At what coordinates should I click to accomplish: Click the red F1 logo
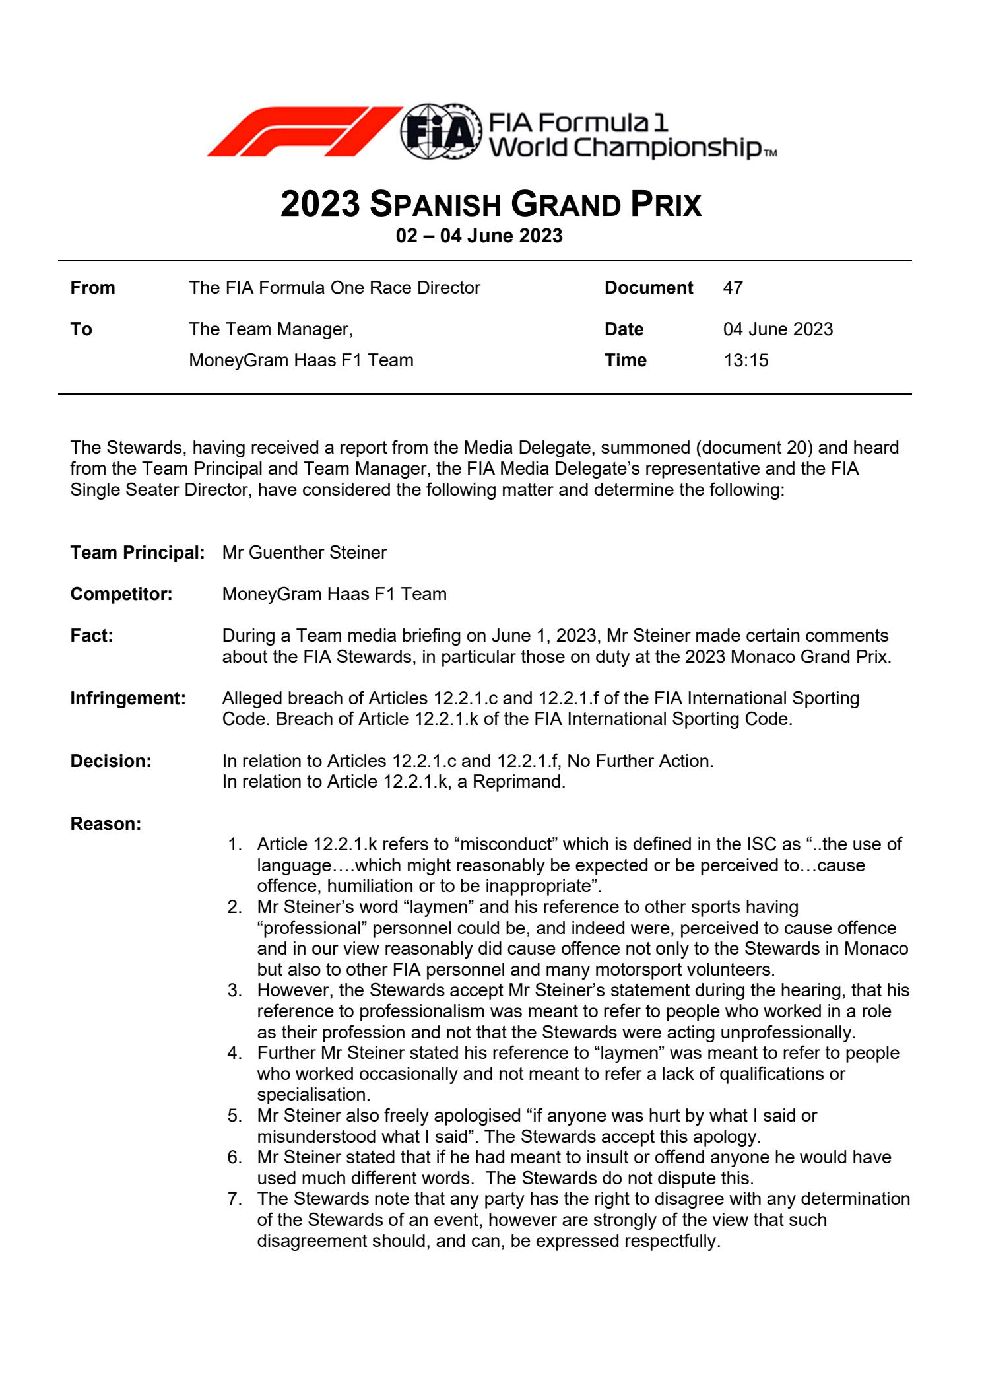click(x=304, y=131)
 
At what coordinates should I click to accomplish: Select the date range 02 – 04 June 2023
click(x=479, y=236)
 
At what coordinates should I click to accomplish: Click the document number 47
click(x=733, y=288)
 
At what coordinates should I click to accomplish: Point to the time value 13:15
click(x=746, y=360)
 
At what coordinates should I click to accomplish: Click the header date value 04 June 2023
click(x=778, y=329)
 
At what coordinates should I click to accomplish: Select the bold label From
click(x=92, y=288)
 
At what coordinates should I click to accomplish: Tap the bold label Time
click(x=625, y=360)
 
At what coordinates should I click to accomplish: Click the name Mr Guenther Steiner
click(x=304, y=553)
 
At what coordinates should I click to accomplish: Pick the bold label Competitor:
click(x=121, y=594)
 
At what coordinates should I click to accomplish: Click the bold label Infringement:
click(x=128, y=698)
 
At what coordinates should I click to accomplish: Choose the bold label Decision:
click(x=111, y=761)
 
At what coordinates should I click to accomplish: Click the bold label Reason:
click(x=106, y=824)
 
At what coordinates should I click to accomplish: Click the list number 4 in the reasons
click(x=234, y=1053)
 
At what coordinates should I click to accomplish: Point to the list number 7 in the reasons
click(x=234, y=1199)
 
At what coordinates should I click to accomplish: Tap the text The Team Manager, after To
click(x=271, y=329)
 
